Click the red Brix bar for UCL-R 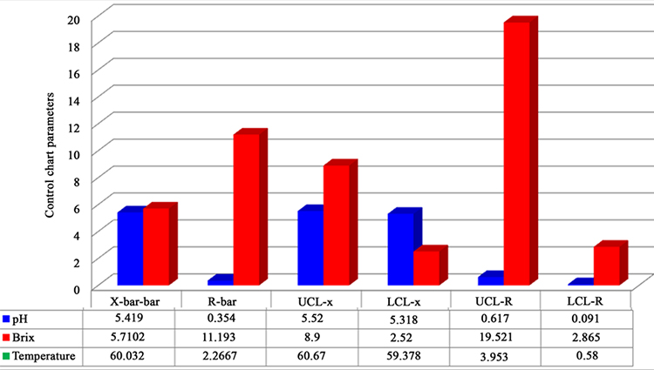[516, 153]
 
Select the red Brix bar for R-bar [247, 209]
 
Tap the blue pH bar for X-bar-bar [130, 248]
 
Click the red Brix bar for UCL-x [337, 225]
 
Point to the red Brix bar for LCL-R [606, 265]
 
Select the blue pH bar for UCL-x [310, 247]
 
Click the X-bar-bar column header [136, 299]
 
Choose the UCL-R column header [494, 299]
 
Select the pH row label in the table [27, 319]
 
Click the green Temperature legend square [7, 356]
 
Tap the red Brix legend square [7, 337]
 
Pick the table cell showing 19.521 [494, 337]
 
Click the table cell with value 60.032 [136, 356]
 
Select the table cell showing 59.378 [405, 356]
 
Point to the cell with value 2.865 [584, 337]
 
